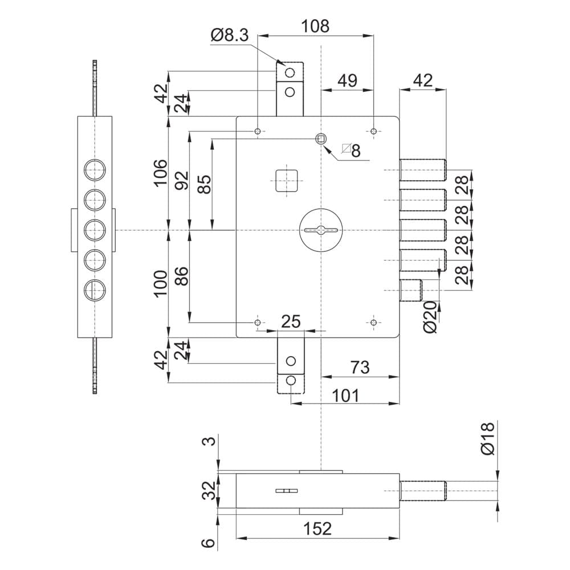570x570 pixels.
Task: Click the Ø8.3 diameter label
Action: (229, 35)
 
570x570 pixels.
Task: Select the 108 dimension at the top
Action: (316, 26)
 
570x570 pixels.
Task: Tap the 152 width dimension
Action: (317, 528)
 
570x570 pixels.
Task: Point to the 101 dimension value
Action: (345, 395)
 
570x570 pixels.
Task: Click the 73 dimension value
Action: (360, 367)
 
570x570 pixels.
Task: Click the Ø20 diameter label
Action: (431, 316)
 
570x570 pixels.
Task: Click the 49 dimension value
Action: (348, 80)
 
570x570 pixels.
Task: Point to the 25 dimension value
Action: (291, 321)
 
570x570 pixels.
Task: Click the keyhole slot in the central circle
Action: (321, 230)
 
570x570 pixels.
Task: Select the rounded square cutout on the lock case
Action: (287, 181)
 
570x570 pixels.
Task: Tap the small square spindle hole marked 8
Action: (320, 139)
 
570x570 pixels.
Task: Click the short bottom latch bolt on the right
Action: (411, 290)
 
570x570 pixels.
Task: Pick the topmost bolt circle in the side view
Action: (95, 170)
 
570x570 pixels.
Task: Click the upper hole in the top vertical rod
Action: (290, 73)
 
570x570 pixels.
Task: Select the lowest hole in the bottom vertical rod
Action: (291, 381)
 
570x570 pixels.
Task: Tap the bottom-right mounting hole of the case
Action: (373, 323)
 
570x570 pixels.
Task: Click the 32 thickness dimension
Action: (209, 490)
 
